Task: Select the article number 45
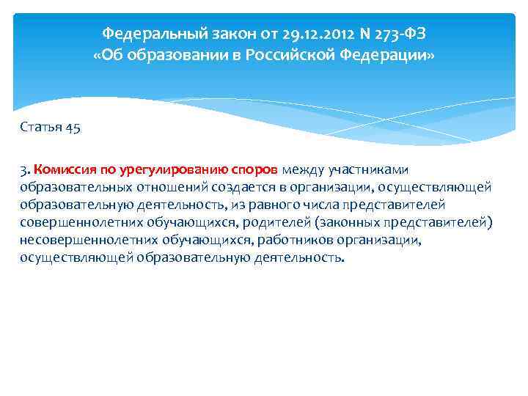pyautogui.click(x=73, y=128)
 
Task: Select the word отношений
pyautogui.click(x=162, y=188)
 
